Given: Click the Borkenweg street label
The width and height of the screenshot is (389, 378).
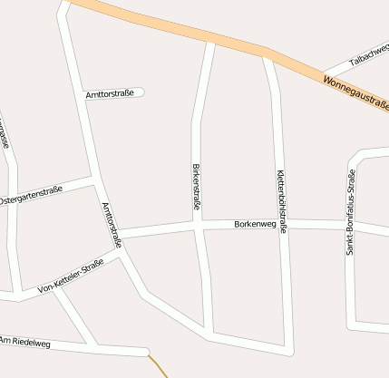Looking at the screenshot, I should point(254,223).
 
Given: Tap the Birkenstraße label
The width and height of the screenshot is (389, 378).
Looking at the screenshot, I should point(197,188).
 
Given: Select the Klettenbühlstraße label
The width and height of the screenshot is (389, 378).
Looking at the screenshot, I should point(282,201).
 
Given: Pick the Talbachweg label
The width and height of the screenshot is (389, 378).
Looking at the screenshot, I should point(369,57).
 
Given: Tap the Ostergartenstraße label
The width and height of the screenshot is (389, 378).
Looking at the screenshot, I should point(31,195).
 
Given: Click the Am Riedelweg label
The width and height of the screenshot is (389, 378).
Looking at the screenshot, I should point(24,341).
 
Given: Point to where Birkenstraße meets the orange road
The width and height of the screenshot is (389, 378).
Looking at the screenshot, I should point(211,40).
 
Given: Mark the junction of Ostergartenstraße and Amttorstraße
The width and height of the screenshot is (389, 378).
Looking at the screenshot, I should point(93,181).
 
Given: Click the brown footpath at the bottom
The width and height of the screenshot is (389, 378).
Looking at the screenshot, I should point(159,366).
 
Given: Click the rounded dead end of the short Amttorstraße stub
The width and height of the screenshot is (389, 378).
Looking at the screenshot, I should point(141,92).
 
